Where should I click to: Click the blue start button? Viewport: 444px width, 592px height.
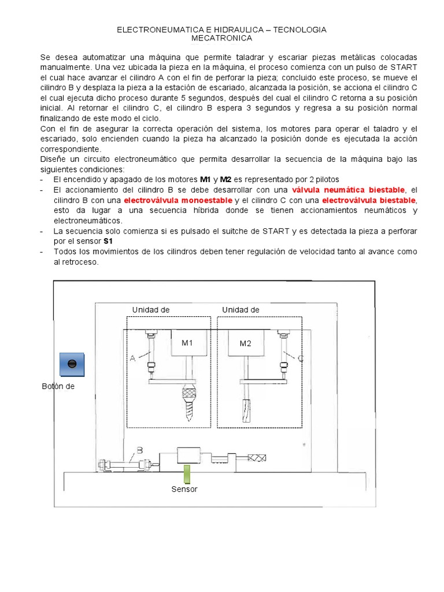point(72,364)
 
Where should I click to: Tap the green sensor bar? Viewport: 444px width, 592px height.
point(187,473)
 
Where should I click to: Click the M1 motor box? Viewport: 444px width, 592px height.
point(188,343)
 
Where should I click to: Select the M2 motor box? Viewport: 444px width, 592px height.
point(246,343)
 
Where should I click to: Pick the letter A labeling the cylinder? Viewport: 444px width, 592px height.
point(132,358)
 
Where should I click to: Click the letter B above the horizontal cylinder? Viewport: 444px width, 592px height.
point(139,450)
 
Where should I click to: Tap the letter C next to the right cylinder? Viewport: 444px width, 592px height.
point(300,358)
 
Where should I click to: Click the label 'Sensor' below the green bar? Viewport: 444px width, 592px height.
point(184,489)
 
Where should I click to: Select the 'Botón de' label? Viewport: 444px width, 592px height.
point(58,386)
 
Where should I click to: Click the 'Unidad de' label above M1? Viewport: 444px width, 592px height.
point(151,309)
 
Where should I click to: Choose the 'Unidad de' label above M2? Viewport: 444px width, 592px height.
point(240,309)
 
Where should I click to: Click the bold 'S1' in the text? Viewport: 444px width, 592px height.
point(108,241)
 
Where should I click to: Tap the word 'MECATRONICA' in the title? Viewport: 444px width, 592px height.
point(222,38)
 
